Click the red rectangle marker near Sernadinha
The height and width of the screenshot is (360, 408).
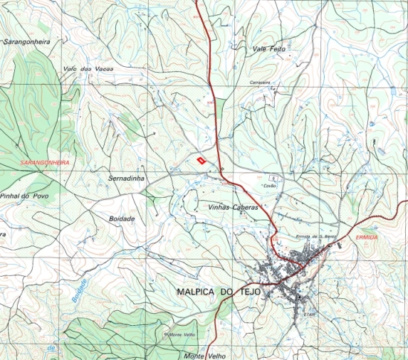tap(201, 161)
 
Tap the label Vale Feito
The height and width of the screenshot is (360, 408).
tap(268, 49)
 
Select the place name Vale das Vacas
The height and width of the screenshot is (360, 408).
tap(88, 68)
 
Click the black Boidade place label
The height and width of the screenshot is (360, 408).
tap(122, 219)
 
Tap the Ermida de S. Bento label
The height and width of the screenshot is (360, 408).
tap(315, 237)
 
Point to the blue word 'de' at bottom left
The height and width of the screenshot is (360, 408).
tap(51, 347)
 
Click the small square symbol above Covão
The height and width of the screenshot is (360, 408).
tap(271, 176)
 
